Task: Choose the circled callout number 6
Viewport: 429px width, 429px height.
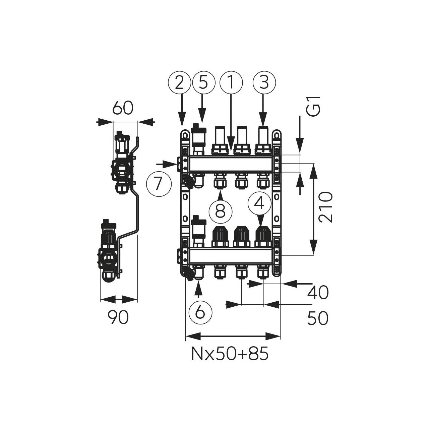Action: point(200,312)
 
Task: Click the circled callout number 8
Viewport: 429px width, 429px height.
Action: point(220,211)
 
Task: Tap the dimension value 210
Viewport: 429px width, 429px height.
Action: point(325,207)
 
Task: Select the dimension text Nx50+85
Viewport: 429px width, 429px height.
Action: point(230,354)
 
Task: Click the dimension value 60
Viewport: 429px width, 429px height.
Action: point(123,108)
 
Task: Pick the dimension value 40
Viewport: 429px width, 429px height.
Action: point(318,293)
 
